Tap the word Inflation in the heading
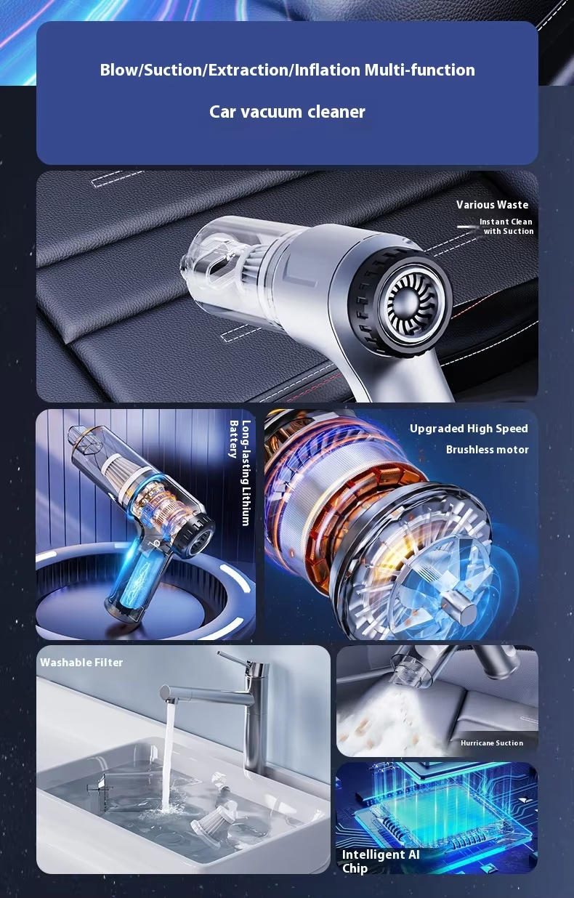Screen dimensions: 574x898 (327, 70)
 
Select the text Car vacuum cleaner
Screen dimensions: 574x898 (287, 112)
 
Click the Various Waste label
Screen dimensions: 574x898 (492, 205)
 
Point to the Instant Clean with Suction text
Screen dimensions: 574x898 (506, 227)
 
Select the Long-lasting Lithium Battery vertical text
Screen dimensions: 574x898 (240, 473)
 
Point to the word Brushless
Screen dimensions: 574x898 (471, 450)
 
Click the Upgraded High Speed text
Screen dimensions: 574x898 (469, 429)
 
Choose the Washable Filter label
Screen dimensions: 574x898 (81, 663)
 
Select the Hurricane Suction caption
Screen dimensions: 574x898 (492, 743)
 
